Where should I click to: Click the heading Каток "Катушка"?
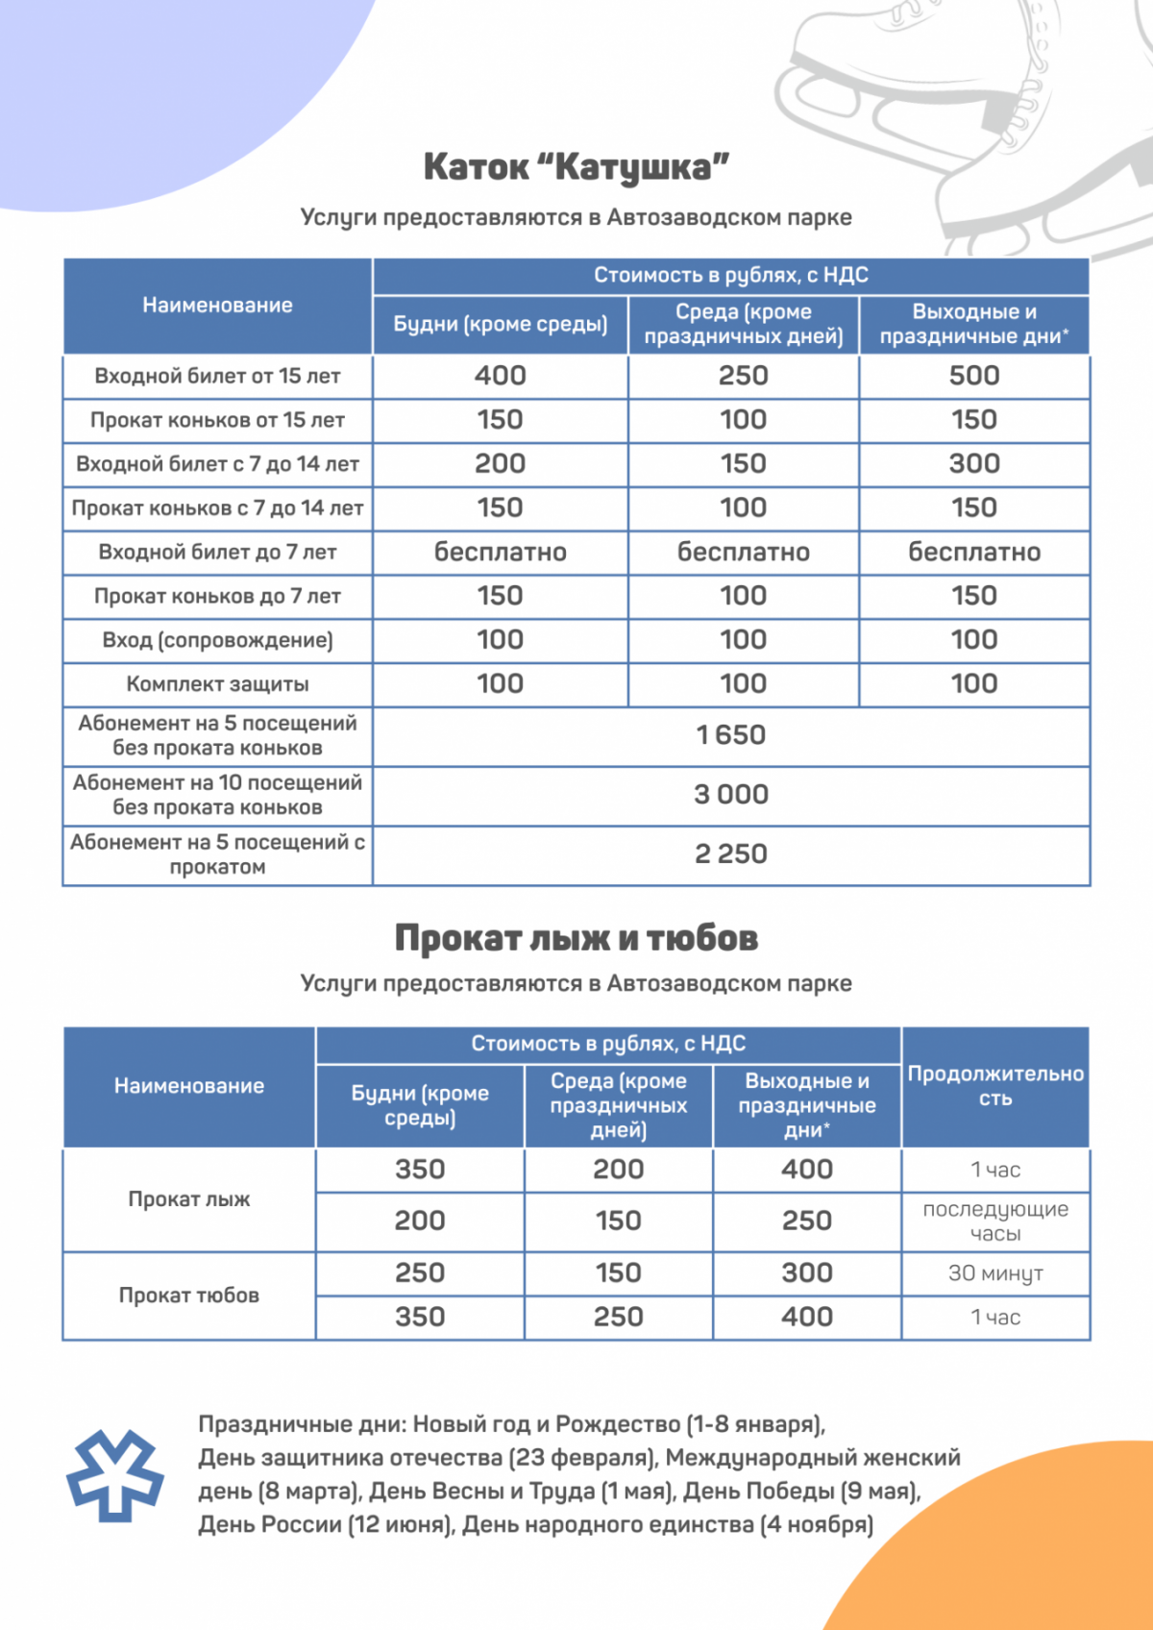[x=576, y=167]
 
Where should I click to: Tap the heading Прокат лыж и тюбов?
[x=576, y=938]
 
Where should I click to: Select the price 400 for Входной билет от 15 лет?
[x=500, y=376]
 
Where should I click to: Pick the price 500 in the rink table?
[x=973, y=376]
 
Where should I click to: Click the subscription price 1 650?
[x=730, y=735]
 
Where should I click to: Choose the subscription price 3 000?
[x=730, y=795]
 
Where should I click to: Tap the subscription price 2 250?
[x=730, y=854]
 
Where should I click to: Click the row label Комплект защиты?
[x=217, y=684]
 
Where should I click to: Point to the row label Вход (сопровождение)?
[x=217, y=640]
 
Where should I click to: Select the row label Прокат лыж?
[x=189, y=1199]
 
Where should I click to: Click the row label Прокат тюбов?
[x=189, y=1296]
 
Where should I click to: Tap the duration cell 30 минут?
[x=995, y=1273]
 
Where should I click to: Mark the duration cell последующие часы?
[x=995, y=1222]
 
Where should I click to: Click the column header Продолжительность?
[x=995, y=1086]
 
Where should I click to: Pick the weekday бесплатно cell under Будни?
[x=500, y=553]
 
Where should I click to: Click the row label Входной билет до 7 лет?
[x=217, y=553]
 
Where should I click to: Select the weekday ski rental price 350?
[x=420, y=1170]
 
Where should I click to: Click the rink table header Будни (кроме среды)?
[x=500, y=325]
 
